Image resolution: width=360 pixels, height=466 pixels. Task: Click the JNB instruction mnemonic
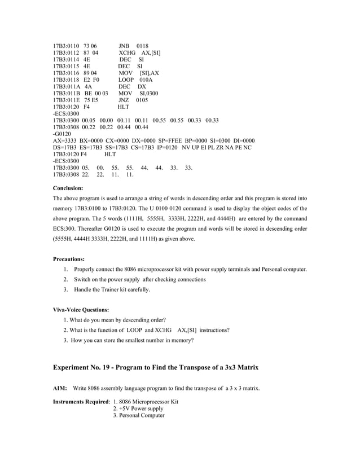coord(124,46)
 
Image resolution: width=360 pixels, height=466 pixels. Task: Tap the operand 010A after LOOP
coord(146,80)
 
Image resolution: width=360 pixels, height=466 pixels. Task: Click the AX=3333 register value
coord(65,140)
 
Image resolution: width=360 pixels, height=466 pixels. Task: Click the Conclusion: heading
coord(68,188)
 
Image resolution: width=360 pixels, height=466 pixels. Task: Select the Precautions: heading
coord(69,259)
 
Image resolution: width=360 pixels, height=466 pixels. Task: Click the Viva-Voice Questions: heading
coord(81,310)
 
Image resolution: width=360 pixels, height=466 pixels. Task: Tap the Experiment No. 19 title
coord(156,367)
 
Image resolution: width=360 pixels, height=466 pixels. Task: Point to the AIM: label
coord(60,388)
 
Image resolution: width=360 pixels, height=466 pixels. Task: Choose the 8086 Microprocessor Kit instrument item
coord(146,402)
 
